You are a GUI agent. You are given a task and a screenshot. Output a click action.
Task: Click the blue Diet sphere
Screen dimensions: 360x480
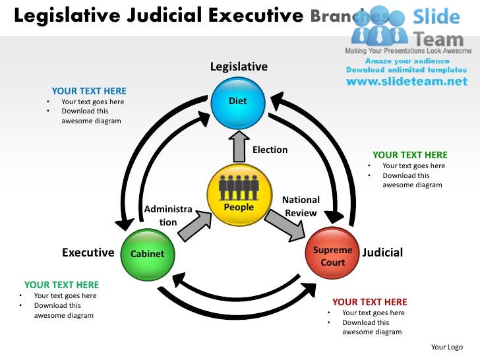[237, 102]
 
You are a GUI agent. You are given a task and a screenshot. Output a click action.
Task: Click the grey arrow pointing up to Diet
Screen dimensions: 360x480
[238, 146]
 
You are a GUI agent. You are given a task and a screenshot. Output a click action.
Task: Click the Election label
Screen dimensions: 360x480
[270, 150]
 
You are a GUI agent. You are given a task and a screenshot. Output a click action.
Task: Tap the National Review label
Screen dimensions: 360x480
[301, 206]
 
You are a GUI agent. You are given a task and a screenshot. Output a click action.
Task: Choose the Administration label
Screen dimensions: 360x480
[168, 216]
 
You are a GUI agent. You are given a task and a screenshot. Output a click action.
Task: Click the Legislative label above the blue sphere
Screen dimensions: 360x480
[239, 67]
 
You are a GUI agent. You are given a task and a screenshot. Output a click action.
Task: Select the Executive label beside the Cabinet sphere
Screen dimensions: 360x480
[88, 253]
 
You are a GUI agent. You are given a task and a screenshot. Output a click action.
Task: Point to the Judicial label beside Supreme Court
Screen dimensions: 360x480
[382, 253]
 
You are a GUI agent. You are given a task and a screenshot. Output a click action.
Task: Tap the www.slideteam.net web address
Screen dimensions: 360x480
[406, 82]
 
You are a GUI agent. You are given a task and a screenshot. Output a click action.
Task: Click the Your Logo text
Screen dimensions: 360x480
[446, 347]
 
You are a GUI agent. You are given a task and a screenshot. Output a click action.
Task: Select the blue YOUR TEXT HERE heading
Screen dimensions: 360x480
[89, 91]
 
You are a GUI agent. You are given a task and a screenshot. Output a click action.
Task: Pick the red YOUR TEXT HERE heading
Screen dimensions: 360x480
[370, 302]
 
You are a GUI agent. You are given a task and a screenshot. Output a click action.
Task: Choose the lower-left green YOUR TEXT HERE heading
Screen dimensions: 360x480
[61, 285]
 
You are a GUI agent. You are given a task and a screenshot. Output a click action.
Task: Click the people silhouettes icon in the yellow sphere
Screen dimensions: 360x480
[239, 187]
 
